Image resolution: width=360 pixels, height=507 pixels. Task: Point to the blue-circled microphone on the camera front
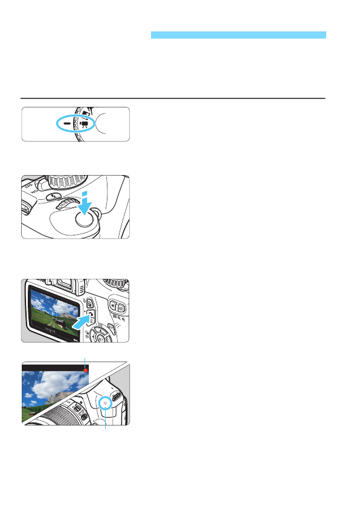105,401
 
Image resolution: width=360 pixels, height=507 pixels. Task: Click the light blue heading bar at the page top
238,36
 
